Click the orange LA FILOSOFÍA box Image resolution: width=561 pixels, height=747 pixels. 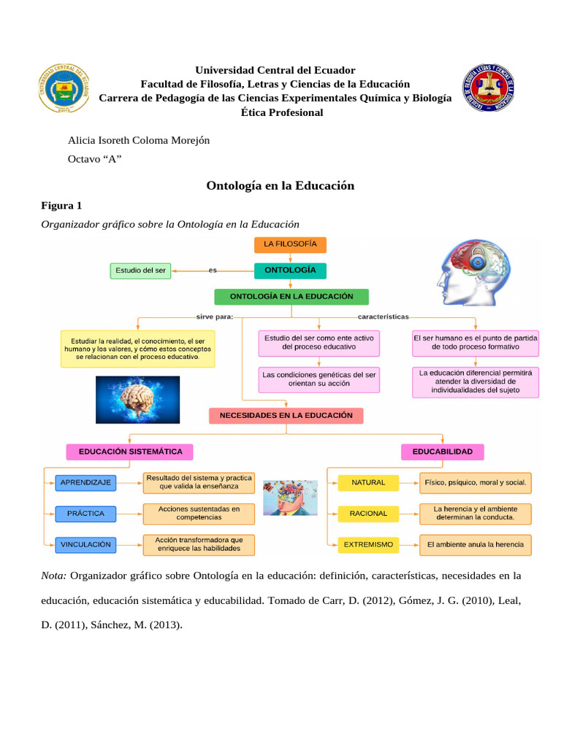(290, 244)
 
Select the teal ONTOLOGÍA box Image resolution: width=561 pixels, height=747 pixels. (290, 270)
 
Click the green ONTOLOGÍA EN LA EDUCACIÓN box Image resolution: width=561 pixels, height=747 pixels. (291, 297)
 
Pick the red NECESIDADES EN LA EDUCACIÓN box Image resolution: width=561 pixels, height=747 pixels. (286, 416)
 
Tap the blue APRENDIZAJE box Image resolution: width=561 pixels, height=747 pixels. (85, 483)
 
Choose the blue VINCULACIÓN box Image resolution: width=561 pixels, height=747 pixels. (85, 544)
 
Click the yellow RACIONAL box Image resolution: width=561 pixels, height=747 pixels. (368, 514)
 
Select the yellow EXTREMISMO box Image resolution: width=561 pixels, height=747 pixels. (368, 544)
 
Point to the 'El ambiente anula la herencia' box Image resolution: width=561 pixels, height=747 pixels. (476, 544)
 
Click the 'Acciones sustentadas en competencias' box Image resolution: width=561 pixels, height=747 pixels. (199, 514)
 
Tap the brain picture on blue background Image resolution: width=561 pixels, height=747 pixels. (138, 400)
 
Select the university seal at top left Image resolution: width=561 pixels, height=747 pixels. (64, 89)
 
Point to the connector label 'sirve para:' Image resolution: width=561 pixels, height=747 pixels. (214, 317)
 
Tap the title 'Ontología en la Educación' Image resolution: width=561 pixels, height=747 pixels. (280, 186)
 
